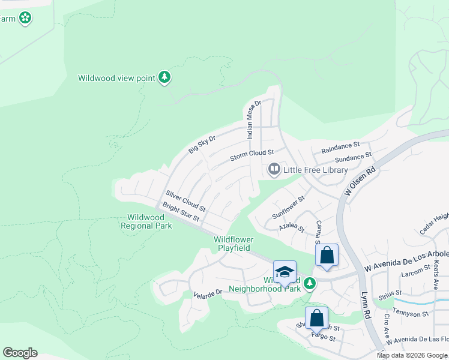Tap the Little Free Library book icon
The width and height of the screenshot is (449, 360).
tap(274, 170)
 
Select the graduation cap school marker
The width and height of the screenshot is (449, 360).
tap(285, 271)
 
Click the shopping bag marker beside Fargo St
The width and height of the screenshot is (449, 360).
tap(316, 318)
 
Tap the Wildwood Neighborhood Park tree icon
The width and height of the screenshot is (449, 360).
tap(309, 283)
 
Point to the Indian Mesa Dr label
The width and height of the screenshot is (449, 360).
tap(255, 120)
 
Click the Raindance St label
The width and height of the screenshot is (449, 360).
tap(340, 146)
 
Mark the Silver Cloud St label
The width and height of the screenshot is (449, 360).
tap(185, 203)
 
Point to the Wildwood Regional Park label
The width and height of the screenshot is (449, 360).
tap(146, 221)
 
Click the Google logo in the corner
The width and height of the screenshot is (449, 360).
tap(20, 352)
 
